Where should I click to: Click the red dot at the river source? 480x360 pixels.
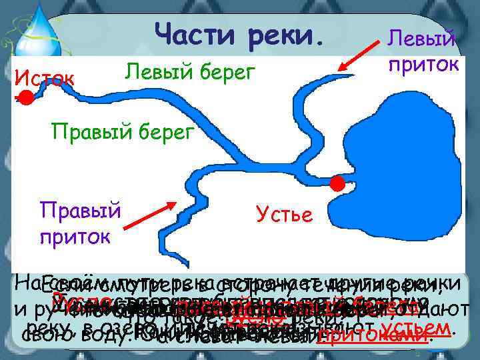pyautogui.click(x=25, y=99)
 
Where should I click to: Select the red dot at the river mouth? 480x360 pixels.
pyautogui.click(x=338, y=183)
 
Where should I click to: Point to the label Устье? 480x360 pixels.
pyautogui.click(x=283, y=215)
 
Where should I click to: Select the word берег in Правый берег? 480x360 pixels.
pyautogui.click(x=162, y=131)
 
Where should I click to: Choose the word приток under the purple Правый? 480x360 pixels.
pyautogui.click(x=76, y=236)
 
